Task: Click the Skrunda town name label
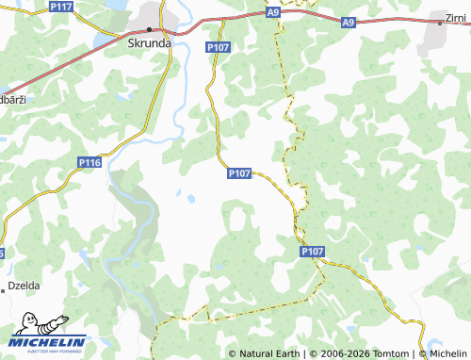click(x=149, y=42)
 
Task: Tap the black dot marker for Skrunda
click(x=149, y=29)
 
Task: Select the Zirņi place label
click(x=456, y=18)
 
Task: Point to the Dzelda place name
click(x=24, y=284)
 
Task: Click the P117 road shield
click(x=62, y=7)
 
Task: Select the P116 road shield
click(x=89, y=163)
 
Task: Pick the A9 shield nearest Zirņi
click(x=349, y=22)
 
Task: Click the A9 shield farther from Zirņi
click(x=272, y=13)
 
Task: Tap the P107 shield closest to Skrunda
click(x=218, y=47)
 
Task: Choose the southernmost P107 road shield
click(x=313, y=252)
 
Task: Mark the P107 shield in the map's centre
click(x=239, y=173)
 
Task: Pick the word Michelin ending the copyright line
click(x=447, y=353)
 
